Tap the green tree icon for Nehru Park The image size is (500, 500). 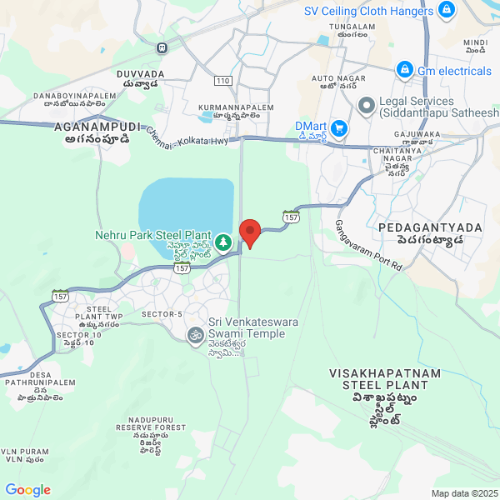click(223, 242)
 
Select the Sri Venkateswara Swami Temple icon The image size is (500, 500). click(194, 335)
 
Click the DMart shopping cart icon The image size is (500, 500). click(338, 127)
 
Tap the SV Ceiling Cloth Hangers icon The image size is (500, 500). click(447, 10)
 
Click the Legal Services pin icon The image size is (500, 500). click(365, 106)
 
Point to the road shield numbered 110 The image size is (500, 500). click(222, 81)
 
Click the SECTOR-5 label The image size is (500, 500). click(162, 313)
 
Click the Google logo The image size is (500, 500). click(27, 490)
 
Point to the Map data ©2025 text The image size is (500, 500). click(462, 493)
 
